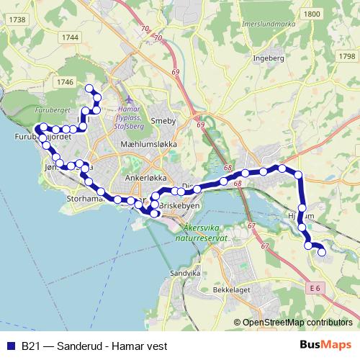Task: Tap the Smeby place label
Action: click(163, 122)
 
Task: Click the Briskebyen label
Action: click(179, 205)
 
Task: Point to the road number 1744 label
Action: click(70, 37)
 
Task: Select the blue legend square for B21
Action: click(11, 346)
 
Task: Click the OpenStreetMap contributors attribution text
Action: click(297, 323)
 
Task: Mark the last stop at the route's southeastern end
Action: click(321, 251)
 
